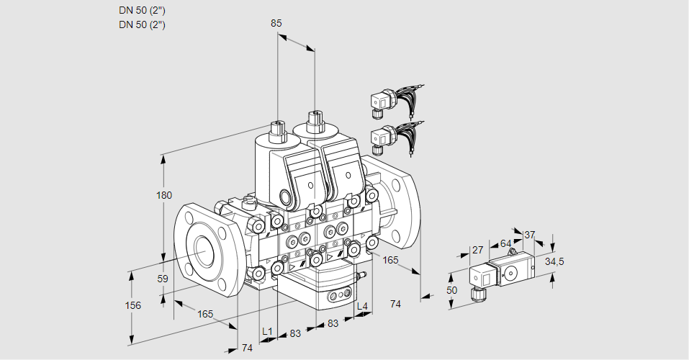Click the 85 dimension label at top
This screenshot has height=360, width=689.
276,23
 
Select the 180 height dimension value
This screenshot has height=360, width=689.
165,195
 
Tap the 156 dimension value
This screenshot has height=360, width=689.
132,305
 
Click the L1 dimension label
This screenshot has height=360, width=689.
267,331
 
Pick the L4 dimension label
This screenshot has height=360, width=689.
362,307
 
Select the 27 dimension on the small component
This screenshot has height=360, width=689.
477,251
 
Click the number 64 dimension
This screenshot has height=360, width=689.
505,243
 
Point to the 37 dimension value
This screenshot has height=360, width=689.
529,235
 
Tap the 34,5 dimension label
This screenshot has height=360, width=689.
554,261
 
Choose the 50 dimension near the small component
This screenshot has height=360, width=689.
451,290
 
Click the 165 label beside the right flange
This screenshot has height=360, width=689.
390,260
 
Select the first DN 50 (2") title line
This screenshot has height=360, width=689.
143,11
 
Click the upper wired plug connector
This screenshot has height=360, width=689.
382,102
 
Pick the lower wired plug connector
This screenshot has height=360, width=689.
382,137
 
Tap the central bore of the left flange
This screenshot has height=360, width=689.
205,250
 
